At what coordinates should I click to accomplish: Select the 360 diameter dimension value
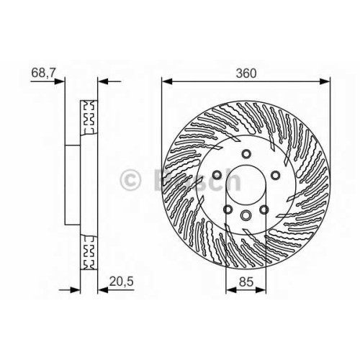point(246,73)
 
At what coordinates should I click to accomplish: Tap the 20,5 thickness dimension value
point(121,281)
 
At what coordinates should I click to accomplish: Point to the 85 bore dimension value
point(246,282)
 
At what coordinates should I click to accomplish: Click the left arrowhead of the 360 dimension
point(167,81)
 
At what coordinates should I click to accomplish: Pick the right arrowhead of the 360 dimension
point(325,81)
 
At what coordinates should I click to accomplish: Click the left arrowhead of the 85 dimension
point(231,290)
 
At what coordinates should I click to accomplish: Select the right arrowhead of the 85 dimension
point(261,290)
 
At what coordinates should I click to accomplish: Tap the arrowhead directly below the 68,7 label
point(60,81)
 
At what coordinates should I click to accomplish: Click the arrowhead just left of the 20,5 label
point(103,290)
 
